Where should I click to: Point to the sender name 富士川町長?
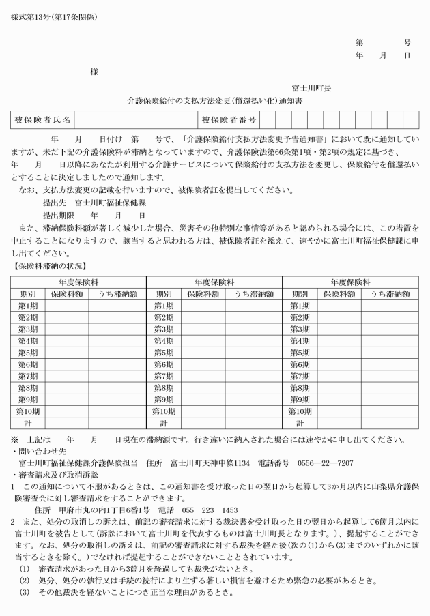[311, 88]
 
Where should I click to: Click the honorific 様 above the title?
[94, 71]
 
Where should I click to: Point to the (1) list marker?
[25, 568]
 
